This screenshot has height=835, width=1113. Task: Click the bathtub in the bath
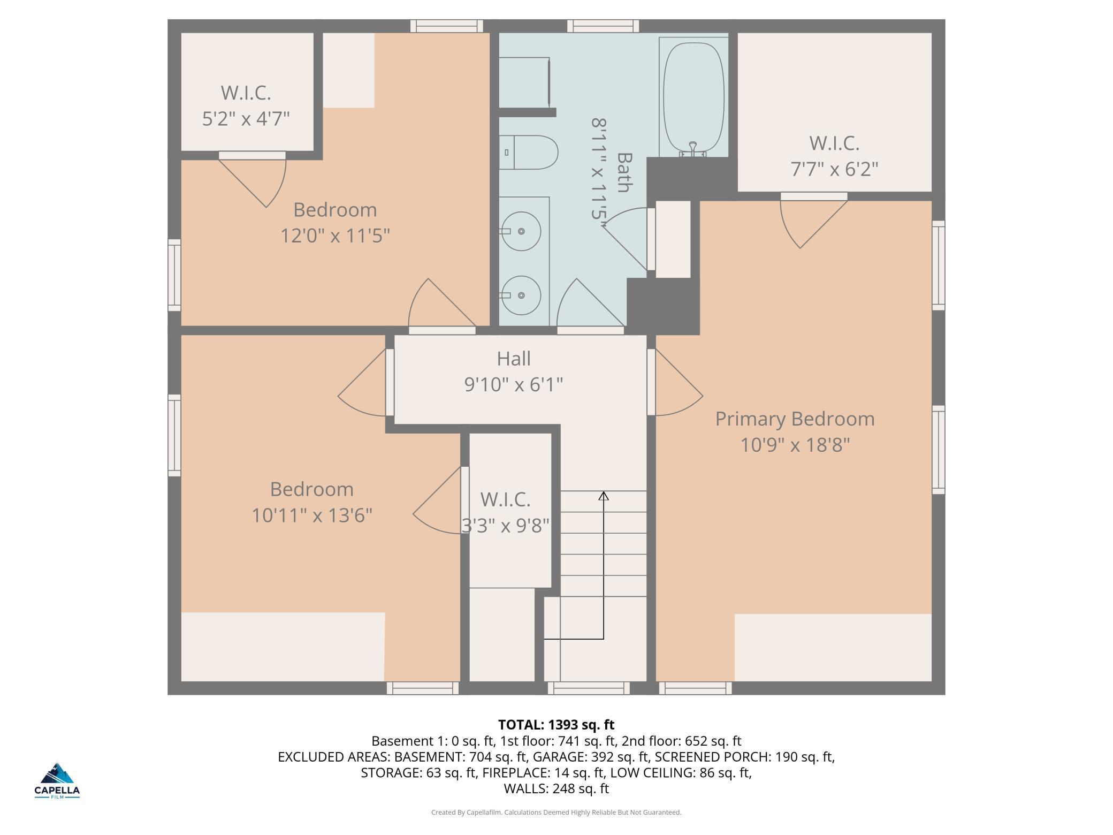tap(693, 97)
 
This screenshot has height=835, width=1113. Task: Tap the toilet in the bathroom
tap(529, 152)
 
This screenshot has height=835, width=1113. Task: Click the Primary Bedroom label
tap(795, 419)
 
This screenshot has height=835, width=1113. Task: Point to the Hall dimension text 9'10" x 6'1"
tap(514, 384)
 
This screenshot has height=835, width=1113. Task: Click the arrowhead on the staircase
tap(604, 496)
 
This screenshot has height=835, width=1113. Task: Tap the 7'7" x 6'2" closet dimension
tap(834, 169)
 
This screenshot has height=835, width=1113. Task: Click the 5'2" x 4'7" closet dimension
tap(246, 118)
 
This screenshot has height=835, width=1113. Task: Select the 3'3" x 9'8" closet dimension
tap(506, 526)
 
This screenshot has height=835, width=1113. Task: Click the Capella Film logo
tap(57, 780)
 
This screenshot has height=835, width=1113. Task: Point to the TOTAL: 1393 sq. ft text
tap(556, 725)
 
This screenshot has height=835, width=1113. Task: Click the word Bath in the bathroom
tap(624, 172)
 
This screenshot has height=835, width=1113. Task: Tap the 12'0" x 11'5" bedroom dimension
tap(336, 236)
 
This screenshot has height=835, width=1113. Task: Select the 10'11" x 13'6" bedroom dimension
tap(312, 515)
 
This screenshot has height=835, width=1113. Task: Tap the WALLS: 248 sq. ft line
tap(556, 788)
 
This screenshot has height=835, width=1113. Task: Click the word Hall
tap(514, 359)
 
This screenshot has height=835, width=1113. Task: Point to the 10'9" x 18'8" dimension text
tap(795, 445)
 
